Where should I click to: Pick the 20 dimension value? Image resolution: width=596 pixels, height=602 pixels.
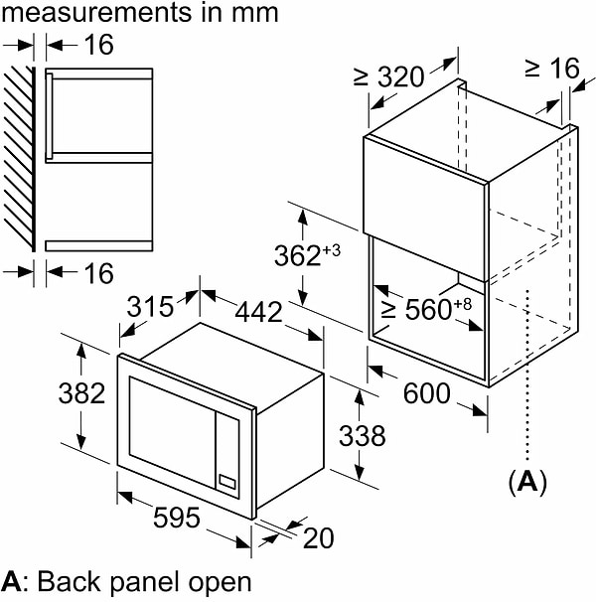[x=318, y=537]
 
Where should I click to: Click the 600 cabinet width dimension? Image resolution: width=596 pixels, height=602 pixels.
[x=426, y=393]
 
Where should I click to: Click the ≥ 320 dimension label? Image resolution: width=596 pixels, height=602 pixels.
[x=388, y=76]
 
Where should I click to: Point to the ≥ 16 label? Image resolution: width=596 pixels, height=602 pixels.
[x=550, y=67]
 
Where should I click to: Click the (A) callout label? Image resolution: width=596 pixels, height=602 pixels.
[x=527, y=483]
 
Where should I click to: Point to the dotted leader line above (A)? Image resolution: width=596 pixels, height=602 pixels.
[x=527, y=377]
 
